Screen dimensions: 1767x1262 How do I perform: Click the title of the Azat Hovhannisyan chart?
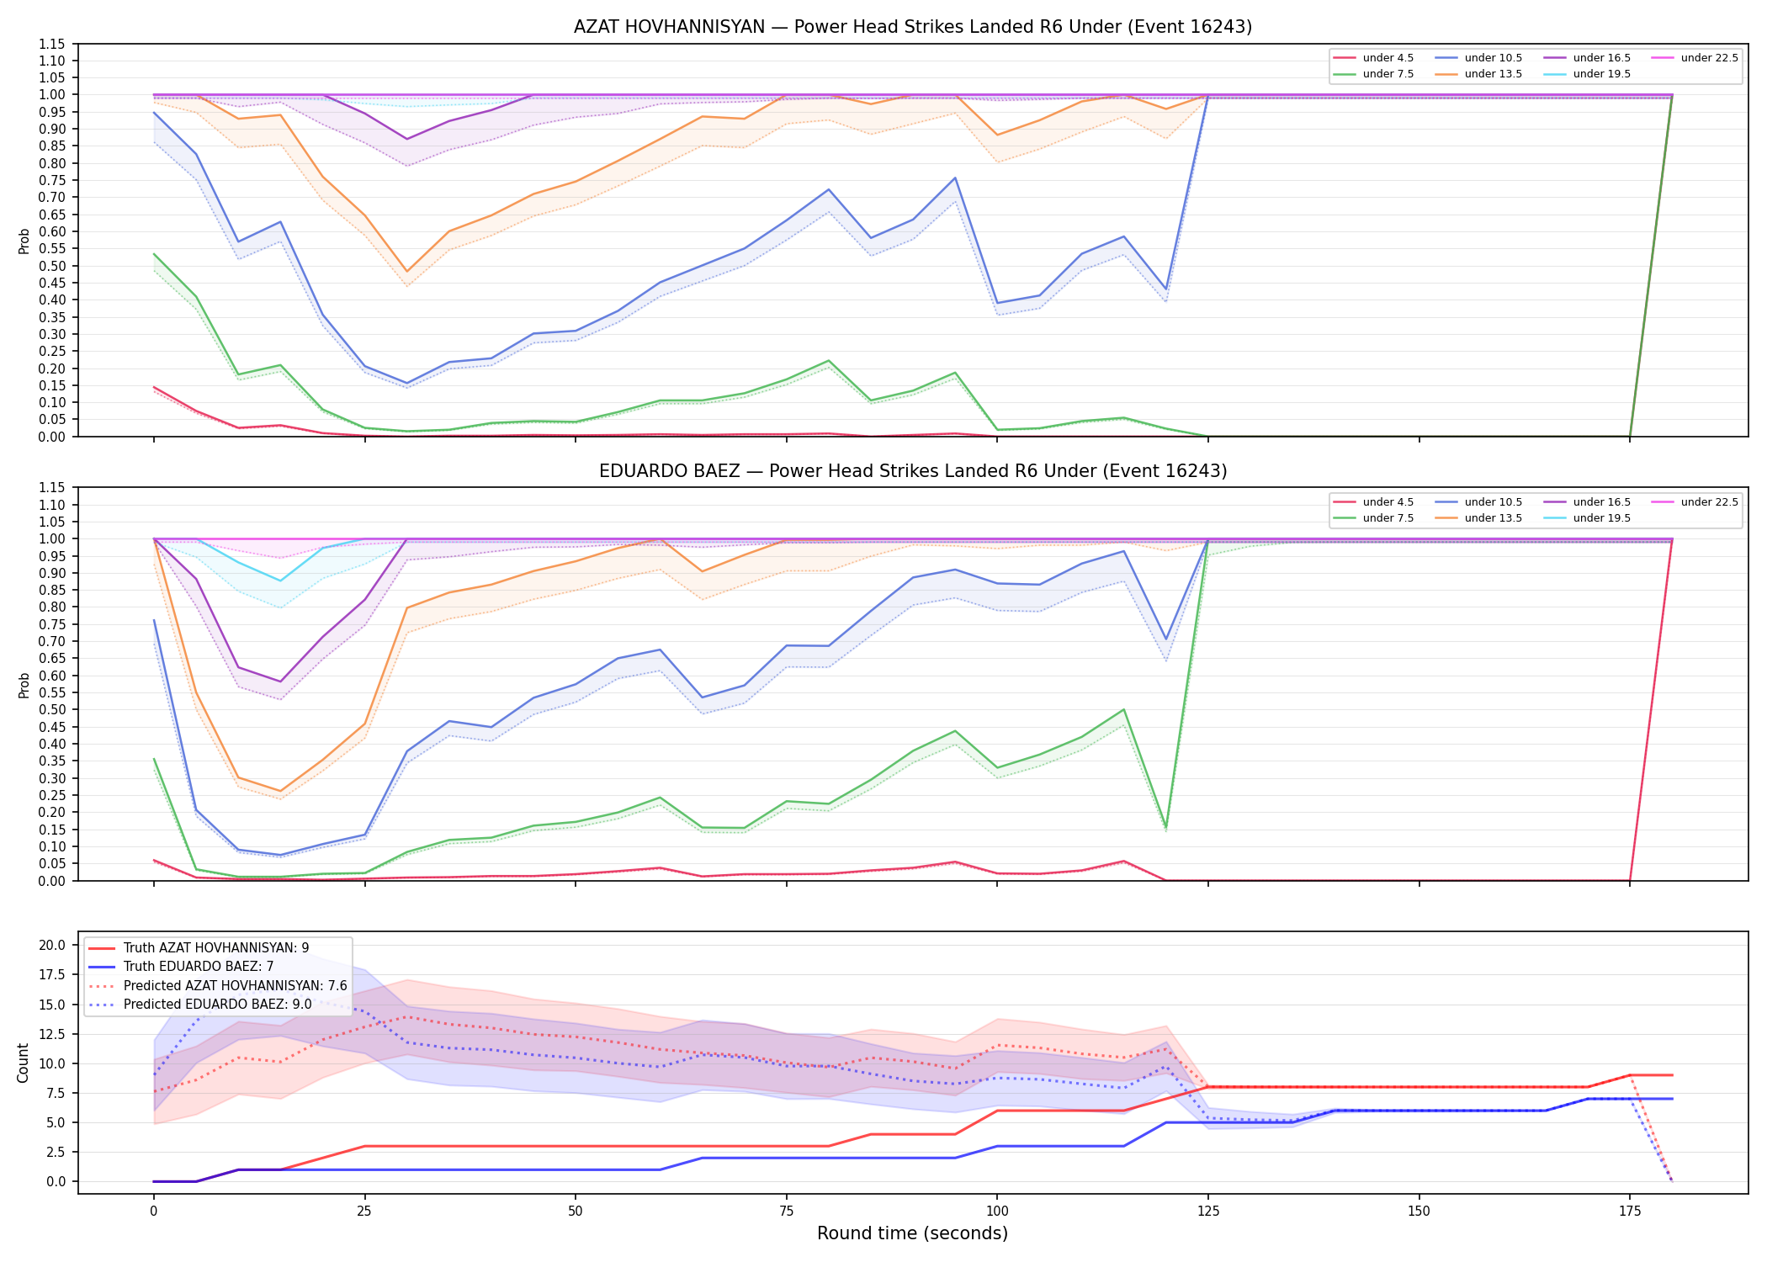(913, 27)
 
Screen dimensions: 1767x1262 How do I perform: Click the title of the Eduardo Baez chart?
(913, 471)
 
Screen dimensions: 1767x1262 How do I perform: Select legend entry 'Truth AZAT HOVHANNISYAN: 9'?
(216, 948)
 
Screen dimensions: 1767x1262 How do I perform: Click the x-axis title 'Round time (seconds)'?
(912, 1233)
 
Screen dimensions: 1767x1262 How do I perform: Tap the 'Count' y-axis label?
(23, 1063)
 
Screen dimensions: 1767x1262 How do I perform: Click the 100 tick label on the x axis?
(996, 1212)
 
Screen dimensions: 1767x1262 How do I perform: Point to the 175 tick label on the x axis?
(1630, 1212)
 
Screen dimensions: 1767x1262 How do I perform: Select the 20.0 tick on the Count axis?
(52, 945)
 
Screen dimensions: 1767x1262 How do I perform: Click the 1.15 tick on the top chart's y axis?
(52, 44)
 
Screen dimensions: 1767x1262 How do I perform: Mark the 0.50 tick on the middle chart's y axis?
(52, 709)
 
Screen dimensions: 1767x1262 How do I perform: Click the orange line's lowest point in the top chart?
(407, 272)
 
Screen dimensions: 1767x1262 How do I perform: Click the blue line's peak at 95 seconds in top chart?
(955, 178)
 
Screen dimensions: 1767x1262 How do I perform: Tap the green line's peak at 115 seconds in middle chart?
(1123, 709)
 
